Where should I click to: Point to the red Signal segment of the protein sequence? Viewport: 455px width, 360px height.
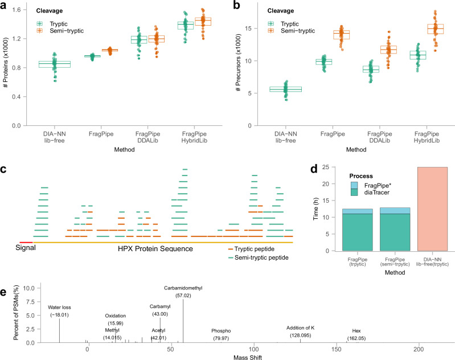tap(26, 243)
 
